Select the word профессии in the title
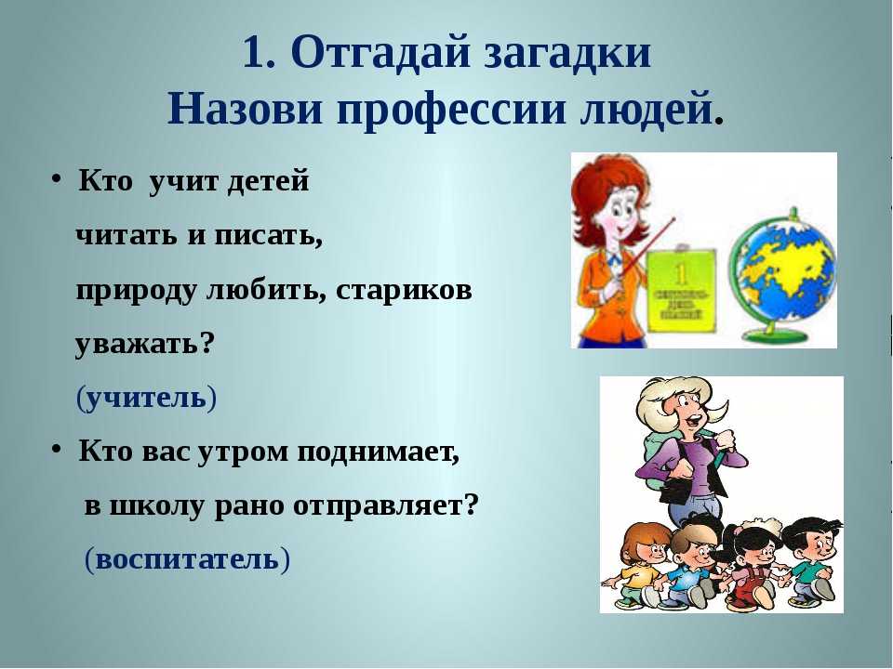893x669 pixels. (x=452, y=110)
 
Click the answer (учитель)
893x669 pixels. (x=146, y=398)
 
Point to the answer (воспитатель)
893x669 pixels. (x=187, y=559)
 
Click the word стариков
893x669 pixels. (x=404, y=290)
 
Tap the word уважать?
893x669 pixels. (x=145, y=344)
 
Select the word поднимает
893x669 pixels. (x=379, y=453)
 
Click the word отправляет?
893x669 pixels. (x=385, y=506)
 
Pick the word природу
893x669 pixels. (x=136, y=291)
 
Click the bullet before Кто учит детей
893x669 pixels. (x=56, y=179)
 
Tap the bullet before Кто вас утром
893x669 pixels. (x=56, y=450)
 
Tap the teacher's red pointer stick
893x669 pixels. (x=646, y=245)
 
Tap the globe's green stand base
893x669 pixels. (x=778, y=335)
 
